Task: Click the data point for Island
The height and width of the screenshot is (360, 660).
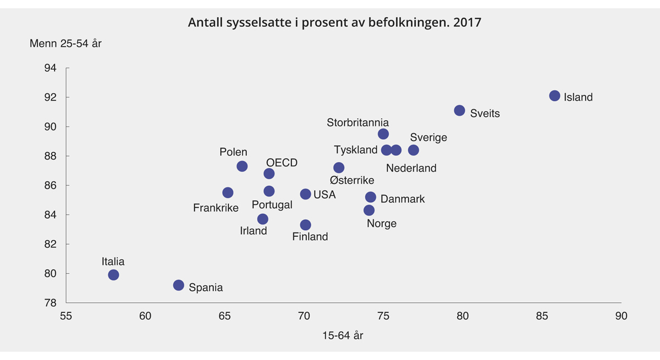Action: (554, 96)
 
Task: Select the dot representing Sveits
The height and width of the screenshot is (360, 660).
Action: (459, 110)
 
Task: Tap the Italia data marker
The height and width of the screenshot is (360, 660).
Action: (113, 275)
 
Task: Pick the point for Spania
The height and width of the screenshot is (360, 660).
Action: (178, 285)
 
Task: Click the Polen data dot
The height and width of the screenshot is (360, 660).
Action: (242, 166)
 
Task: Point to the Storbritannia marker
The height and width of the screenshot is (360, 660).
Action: (383, 134)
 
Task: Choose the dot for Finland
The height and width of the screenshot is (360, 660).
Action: (305, 225)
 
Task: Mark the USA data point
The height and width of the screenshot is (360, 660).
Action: (305, 194)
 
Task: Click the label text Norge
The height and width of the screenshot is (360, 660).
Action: (381, 224)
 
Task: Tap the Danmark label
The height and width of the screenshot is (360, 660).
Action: (403, 199)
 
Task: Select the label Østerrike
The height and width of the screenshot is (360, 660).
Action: (352, 180)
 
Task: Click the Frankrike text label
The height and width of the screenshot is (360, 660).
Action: (216, 208)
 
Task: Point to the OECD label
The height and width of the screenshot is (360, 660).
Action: (282, 163)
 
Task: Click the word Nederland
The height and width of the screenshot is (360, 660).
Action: (411, 168)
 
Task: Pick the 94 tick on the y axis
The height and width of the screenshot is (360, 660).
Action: (50, 68)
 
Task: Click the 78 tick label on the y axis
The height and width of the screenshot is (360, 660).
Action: (50, 303)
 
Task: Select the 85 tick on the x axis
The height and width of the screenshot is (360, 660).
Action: (542, 317)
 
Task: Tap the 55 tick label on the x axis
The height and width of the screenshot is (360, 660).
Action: (66, 317)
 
